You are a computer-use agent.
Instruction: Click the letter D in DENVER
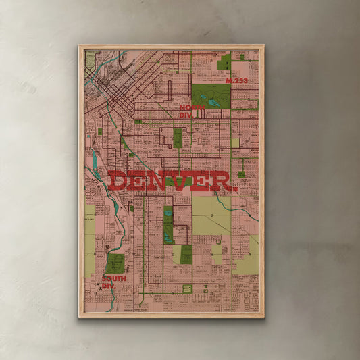point(119,182)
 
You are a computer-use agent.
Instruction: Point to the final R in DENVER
point(221,182)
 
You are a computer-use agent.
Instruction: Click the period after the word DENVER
point(235,189)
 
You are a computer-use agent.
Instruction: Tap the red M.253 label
point(237,80)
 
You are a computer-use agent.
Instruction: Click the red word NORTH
point(192,107)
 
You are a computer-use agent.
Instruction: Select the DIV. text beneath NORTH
point(186,115)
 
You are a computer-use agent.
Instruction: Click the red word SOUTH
point(114,278)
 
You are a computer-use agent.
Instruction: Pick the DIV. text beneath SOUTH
point(109,286)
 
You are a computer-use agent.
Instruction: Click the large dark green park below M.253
point(211,96)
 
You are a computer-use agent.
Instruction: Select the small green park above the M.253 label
point(224,63)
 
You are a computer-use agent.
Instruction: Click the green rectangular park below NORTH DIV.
point(178,138)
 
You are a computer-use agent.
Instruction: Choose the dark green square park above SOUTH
point(114,263)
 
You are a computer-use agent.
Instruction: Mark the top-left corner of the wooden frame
point(79,46)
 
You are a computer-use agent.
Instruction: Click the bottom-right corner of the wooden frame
point(263,317)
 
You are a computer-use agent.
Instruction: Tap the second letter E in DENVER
point(201,182)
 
